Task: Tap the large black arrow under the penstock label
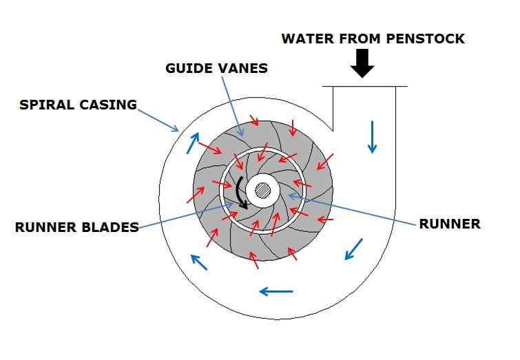[362, 64]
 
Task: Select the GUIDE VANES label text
[217, 69]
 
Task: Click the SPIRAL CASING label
[77, 105]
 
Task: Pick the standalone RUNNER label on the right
[450, 224]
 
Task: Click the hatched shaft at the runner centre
[262, 190]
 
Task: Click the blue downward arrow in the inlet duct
[373, 136]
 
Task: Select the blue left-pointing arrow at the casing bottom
[276, 291]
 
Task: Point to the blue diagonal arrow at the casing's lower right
[354, 249]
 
